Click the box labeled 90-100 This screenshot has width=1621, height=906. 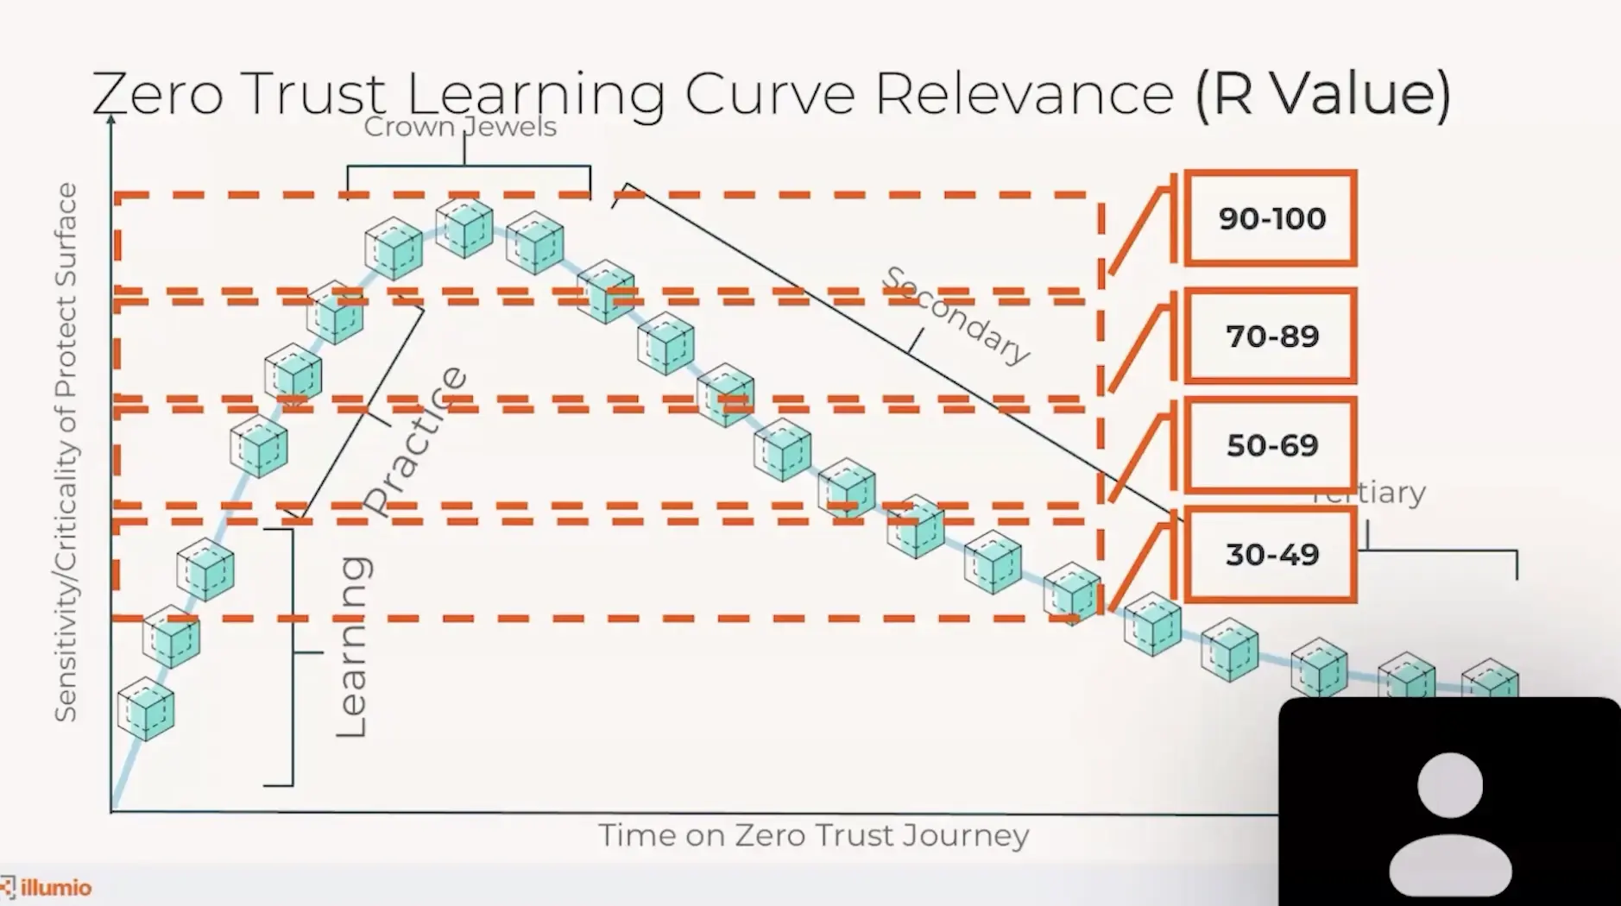pos(1271,218)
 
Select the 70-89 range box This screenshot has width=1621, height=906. pos(1271,336)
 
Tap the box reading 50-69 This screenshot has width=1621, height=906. pos(1271,445)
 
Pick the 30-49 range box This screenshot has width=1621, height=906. pos(1271,554)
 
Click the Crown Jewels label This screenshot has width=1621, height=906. pos(460,128)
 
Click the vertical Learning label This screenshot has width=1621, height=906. pos(352,647)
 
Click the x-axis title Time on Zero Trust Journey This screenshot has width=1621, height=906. pos(813,835)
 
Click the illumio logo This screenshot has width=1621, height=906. pos(47,887)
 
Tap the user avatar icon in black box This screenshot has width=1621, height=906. pos(1450,824)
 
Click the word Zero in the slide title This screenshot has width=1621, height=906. pos(158,93)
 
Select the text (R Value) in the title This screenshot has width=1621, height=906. pos(1323,93)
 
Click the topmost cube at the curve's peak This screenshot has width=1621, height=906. pos(464,228)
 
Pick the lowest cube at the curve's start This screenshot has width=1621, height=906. pos(146,708)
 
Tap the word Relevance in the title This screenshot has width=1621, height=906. pos(1024,93)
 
